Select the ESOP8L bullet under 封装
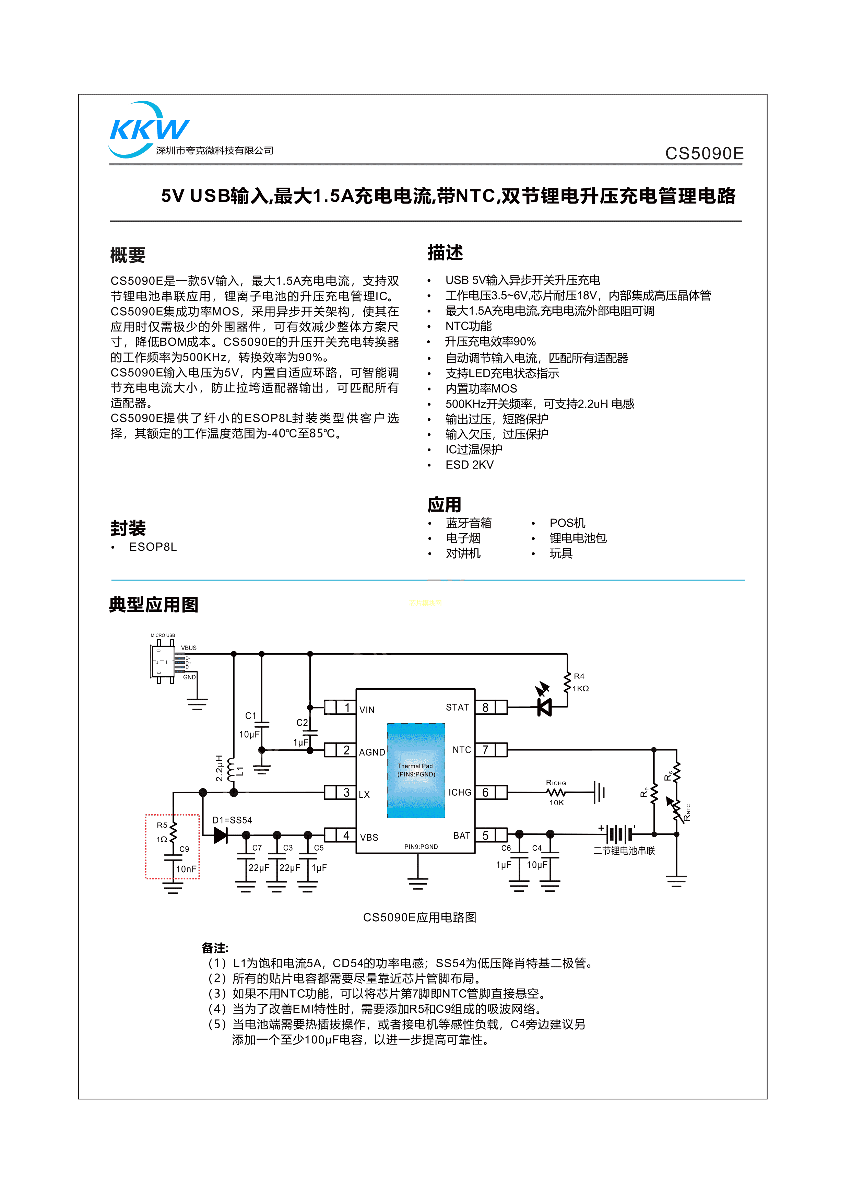pyautogui.click(x=153, y=547)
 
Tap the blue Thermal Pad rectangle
pyautogui.click(x=415, y=770)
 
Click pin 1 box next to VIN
pyautogui.click(x=346, y=708)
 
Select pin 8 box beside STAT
pyautogui.click(x=486, y=708)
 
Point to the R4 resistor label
pyautogui.click(x=579, y=676)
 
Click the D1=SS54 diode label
pyautogui.click(x=232, y=820)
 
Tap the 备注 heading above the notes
pyautogui.click(x=215, y=948)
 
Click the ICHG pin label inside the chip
pyautogui.click(x=460, y=792)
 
